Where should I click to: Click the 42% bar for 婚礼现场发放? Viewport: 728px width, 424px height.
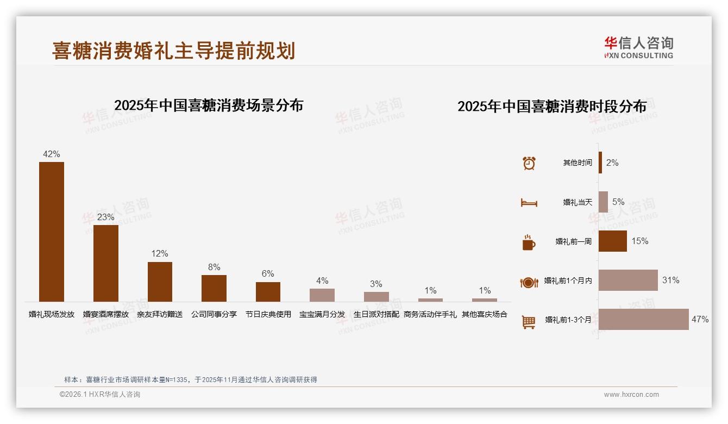point(52,232)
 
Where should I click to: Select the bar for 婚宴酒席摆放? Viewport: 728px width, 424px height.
point(106,263)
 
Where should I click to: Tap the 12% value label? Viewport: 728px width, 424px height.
point(160,254)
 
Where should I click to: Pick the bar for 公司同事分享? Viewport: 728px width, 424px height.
point(214,288)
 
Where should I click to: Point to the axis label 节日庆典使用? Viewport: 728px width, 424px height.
point(268,314)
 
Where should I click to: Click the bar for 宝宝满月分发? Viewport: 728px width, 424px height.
point(322,295)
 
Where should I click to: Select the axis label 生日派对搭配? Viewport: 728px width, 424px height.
point(376,314)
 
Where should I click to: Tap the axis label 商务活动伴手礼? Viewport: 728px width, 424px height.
point(430,314)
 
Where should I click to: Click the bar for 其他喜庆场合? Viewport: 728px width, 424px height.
point(485,300)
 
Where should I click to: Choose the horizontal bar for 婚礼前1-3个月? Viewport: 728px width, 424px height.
point(644,320)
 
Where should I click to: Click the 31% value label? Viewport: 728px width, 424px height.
point(671,280)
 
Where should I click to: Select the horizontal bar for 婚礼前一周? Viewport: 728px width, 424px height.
point(613,241)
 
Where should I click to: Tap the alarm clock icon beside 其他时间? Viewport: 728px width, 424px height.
point(529,163)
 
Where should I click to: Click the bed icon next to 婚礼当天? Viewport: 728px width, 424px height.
point(529,203)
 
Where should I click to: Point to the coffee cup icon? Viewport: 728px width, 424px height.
point(529,242)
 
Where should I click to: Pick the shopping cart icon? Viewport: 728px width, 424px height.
point(529,322)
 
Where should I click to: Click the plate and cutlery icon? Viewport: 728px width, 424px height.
point(529,282)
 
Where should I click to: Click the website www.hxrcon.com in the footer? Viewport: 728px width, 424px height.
point(631,395)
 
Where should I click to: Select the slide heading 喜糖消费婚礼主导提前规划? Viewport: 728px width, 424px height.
point(174,51)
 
